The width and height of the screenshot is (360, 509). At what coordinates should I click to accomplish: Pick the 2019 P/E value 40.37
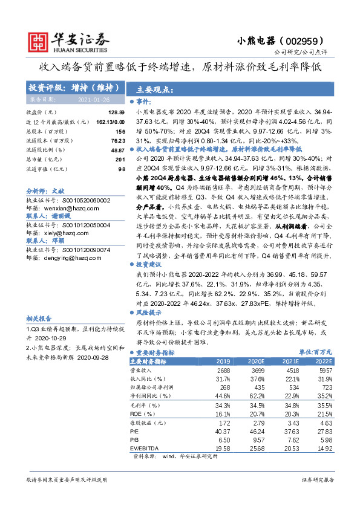click(x=223, y=431)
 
